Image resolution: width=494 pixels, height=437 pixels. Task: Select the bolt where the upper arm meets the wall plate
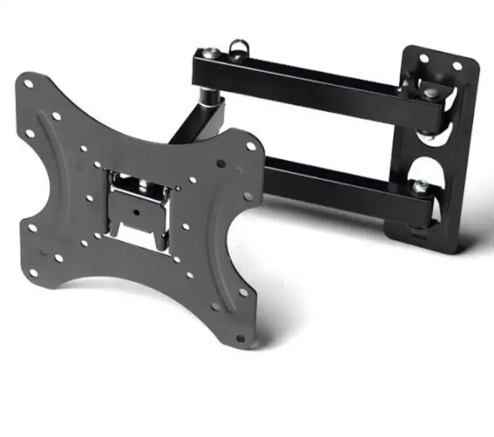pos(429,92)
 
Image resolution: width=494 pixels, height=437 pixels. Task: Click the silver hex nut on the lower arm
pos(420,186)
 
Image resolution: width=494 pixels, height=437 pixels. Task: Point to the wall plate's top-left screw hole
pos(424,58)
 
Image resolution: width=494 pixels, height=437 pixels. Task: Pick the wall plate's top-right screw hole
pos(457,66)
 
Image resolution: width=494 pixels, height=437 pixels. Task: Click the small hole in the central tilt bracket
pos(136,212)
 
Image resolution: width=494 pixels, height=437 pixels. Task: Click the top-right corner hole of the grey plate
pos(251,146)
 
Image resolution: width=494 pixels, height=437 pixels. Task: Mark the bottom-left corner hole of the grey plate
pos(33,273)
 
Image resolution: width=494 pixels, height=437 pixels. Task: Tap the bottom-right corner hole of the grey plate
pos(241,339)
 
